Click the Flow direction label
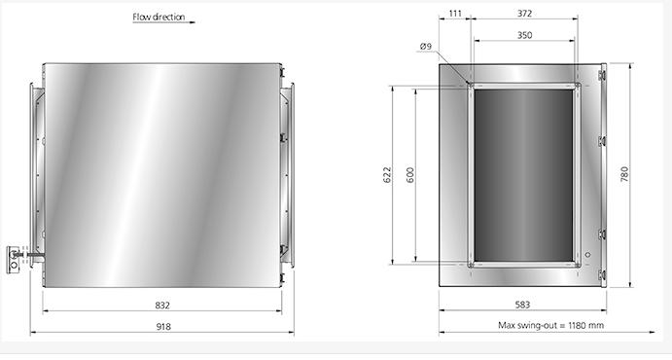click(x=159, y=18)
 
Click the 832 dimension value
click(x=162, y=306)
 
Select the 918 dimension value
click(x=163, y=327)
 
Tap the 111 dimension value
click(x=455, y=14)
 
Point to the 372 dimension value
click(x=524, y=14)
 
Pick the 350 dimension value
click(x=524, y=35)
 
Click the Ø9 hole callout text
click(x=426, y=46)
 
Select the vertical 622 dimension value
click(x=387, y=175)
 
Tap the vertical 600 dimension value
click(x=410, y=175)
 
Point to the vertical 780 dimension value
click(x=624, y=174)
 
